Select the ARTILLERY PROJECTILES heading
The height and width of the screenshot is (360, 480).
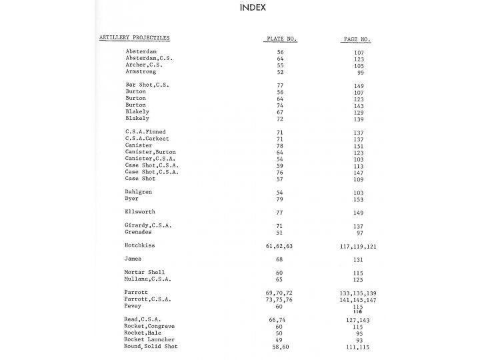pyautogui.click(x=134, y=39)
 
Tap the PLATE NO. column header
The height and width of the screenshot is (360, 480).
pyautogui.click(x=280, y=39)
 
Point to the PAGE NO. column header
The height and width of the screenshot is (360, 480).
pyautogui.click(x=357, y=39)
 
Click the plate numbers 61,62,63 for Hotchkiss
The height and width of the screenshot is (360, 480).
pyautogui.click(x=280, y=245)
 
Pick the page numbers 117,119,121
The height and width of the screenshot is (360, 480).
pyautogui.click(x=358, y=245)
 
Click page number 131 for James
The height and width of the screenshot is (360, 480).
pyautogui.click(x=359, y=259)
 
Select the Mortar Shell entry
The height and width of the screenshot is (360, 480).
pyautogui.click(x=144, y=273)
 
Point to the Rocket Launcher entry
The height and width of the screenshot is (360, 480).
pyautogui.click(x=150, y=340)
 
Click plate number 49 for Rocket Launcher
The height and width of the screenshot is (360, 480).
pyautogui.click(x=280, y=340)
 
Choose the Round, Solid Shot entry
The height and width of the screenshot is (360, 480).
pyautogui.click(x=151, y=347)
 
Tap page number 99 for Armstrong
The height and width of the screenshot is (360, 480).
pyautogui.click(x=361, y=71)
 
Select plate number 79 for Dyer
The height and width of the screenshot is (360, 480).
pyautogui.click(x=280, y=199)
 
